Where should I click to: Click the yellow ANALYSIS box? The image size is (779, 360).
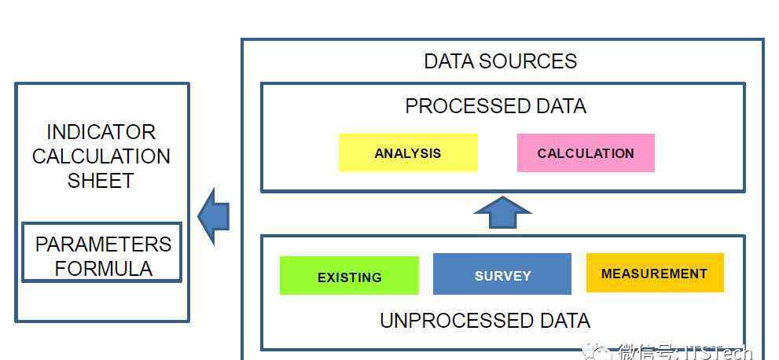click(407, 152)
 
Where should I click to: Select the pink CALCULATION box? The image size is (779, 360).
click(585, 152)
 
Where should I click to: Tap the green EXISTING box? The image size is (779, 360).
click(349, 276)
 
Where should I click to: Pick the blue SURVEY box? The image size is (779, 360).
click(502, 274)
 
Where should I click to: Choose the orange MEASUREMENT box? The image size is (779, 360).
click(654, 273)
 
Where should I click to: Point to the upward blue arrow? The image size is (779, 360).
click(502, 212)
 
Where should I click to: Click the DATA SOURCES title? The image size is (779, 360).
click(500, 61)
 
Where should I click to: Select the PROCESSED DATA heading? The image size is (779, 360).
click(495, 106)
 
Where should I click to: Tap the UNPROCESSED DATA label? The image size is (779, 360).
click(484, 321)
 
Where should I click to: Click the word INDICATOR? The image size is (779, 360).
click(101, 132)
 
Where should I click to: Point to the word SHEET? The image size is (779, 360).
click(101, 180)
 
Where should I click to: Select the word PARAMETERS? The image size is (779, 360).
click(103, 244)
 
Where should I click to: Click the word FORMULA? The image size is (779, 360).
click(103, 268)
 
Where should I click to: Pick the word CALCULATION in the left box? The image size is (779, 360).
click(101, 156)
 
